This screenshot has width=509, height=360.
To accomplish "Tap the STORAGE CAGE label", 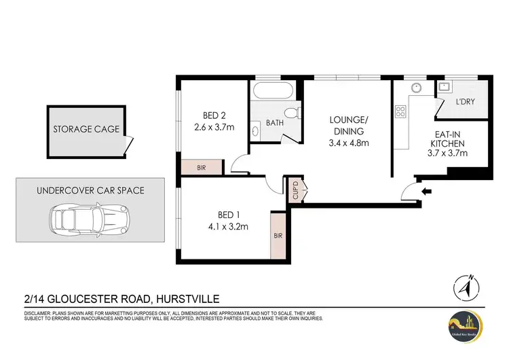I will [86, 128].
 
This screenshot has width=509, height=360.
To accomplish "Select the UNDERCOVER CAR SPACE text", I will [90, 190].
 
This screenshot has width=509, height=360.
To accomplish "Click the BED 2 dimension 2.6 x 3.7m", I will [214, 126].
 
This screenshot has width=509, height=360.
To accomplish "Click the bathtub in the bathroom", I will [274, 91].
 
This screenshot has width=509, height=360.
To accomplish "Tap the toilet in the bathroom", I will [292, 113].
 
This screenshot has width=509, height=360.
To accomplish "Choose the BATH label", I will [274, 123].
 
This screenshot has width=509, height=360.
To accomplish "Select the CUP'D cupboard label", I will [295, 188].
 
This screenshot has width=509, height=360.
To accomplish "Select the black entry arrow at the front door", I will [426, 192].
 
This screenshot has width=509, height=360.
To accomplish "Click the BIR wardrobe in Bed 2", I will [202, 166].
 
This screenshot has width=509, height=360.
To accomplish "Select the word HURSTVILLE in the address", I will [187, 298].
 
